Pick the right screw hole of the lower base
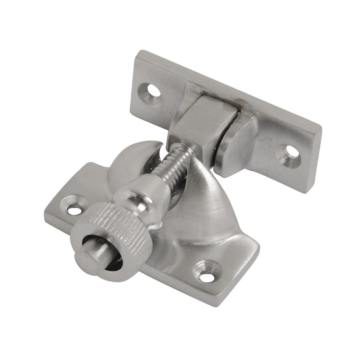(x=205, y=276)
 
